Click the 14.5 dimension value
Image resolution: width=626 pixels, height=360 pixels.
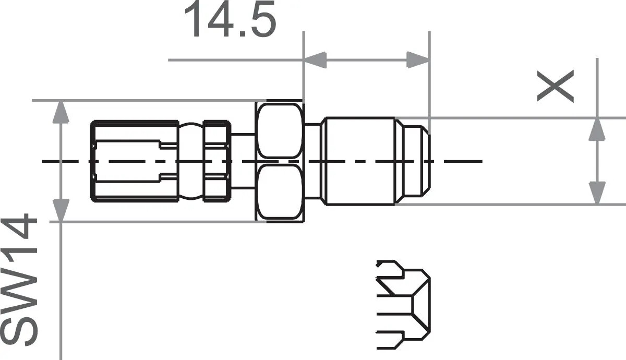pyautogui.click(x=230, y=21)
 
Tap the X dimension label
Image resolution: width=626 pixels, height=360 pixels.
pyautogui.click(x=556, y=86)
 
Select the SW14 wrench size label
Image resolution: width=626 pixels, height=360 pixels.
pyautogui.click(x=21, y=282)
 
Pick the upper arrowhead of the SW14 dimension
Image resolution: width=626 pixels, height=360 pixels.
pyautogui.click(x=62, y=112)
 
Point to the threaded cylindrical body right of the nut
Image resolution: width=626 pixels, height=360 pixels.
pyautogui.click(x=359, y=161)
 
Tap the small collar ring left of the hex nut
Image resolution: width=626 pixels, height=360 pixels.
pyautogui.click(x=215, y=161)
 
